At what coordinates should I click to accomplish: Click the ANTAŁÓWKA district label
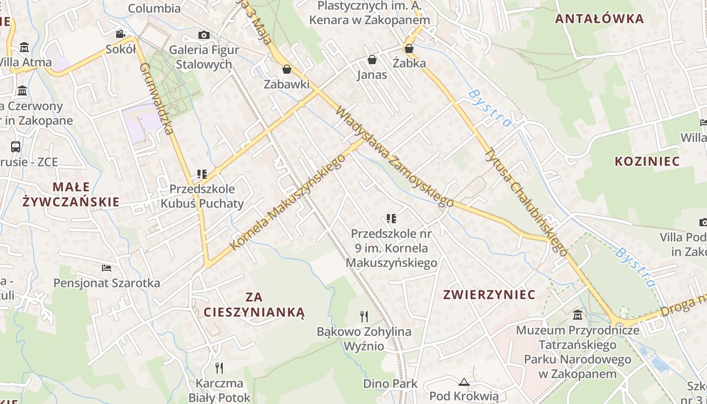(x=599, y=19)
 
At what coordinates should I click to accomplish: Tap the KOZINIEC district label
(x=647, y=162)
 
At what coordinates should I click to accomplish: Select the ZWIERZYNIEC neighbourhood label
(x=489, y=294)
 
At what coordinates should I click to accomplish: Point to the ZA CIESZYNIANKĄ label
(x=255, y=304)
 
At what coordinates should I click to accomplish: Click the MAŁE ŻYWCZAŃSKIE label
(x=71, y=194)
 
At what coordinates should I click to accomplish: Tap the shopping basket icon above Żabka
(x=409, y=48)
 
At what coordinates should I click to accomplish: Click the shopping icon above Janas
(x=372, y=60)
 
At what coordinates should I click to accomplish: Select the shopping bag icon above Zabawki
(x=287, y=69)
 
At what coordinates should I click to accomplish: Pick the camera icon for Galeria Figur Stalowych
(x=204, y=35)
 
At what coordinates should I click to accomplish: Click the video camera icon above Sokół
(x=120, y=34)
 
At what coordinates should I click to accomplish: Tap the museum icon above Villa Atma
(x=24, y=47)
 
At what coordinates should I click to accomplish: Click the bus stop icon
(x=16, y=147)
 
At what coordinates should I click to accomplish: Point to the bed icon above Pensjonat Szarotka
(x=106, y=268)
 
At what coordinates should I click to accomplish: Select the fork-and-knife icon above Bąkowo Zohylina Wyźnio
(x=364, y=317)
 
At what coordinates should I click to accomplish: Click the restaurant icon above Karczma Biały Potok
(x=219, y=368)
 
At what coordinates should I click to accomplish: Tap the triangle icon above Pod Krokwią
(x=464, y=381)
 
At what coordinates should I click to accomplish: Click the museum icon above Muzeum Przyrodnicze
(x=578, y=316)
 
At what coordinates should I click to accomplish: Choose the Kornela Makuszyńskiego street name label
(x=288, y=201)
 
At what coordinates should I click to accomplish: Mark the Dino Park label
(x=390, y=384)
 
